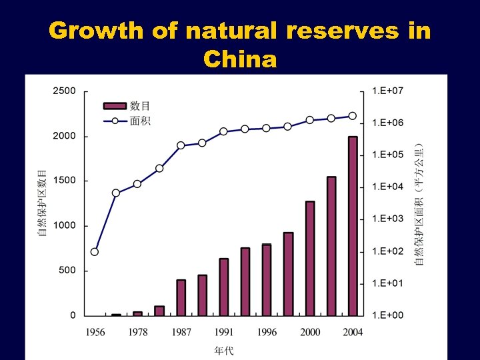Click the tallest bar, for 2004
click(353, 226)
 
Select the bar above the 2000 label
click(310, 259)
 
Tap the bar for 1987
click(181, 297)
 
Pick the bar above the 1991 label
click(224, 287)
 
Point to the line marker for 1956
click(95, 252)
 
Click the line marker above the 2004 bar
click(353, 116)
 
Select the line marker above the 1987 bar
click(181, 145)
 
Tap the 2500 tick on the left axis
click(65, 91)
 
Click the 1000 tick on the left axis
click(65, 226)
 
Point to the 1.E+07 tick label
click(387, 91)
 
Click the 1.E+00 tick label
click(387, 315)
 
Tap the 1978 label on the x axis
click(137, 332)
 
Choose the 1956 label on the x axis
click(95, 332)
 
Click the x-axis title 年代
click(223, 349)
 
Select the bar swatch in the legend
click(115, 105)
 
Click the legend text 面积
click(140, 121)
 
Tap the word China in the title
click(240, 60)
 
